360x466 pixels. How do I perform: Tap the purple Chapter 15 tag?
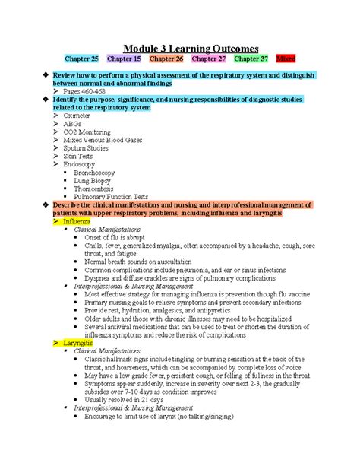click(124, 58)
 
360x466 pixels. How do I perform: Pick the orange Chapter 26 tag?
click(166, 58)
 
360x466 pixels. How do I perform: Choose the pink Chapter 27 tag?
click(209, 58)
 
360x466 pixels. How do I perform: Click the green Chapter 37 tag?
click(251, 58)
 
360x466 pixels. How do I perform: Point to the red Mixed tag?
click(286, 58)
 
